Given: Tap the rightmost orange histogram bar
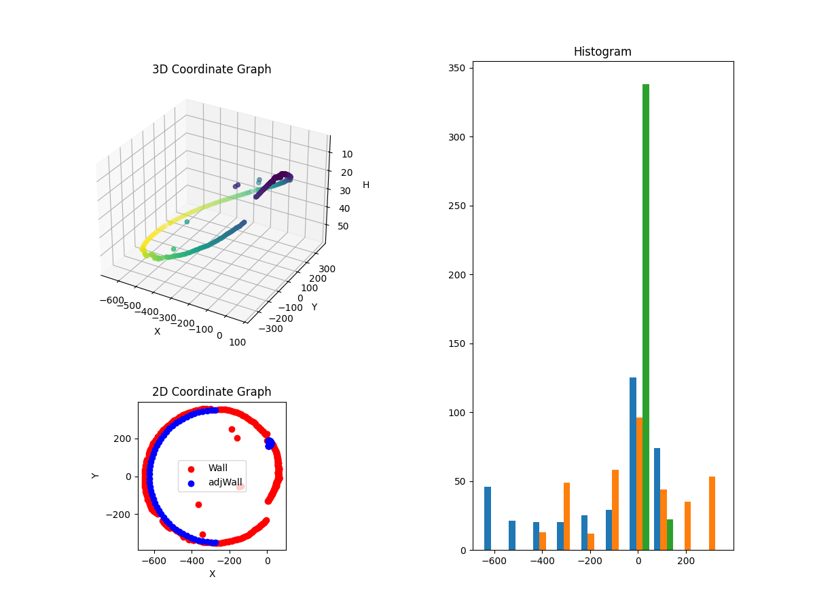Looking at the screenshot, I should point(712,513).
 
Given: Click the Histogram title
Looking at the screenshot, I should point(602,52).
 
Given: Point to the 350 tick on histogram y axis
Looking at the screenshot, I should point(458,68).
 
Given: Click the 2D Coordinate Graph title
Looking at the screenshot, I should point(211,392).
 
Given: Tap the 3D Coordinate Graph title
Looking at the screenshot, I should point(211,69).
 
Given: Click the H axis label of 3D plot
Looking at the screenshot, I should point(366,185).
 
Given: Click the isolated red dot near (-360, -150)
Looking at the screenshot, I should point(198,504).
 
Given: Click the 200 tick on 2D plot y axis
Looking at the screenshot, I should point(123,439).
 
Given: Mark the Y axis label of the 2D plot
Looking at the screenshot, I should point(96,476).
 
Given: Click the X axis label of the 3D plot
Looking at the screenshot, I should point(157,331).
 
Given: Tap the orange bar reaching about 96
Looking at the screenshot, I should point(639,483).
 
